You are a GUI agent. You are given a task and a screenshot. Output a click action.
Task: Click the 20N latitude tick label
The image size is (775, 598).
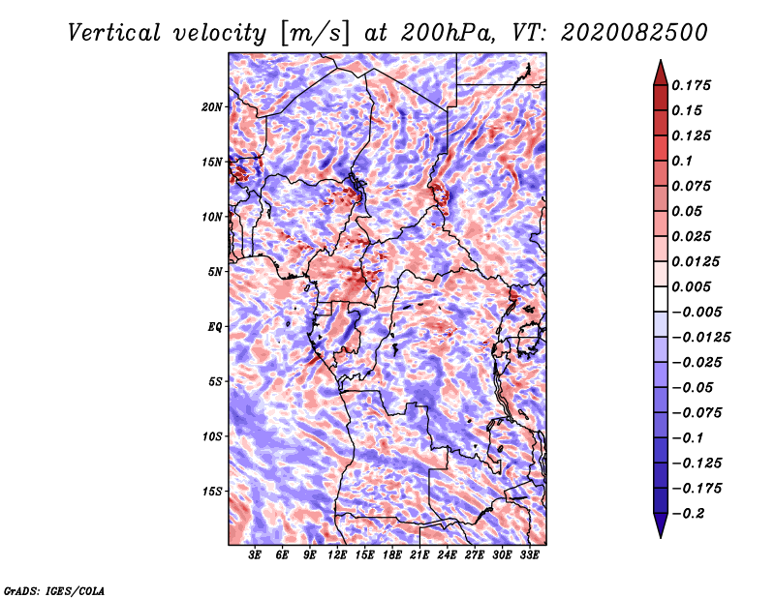(212, 106)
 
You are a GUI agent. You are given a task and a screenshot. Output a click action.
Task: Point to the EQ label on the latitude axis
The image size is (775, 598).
(214, 326)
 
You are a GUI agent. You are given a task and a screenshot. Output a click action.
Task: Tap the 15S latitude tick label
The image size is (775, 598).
(212, 491)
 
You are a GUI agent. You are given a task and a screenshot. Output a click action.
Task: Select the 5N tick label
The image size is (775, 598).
(215, 271)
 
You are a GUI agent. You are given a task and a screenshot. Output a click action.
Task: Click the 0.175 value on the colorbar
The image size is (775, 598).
(695, 85)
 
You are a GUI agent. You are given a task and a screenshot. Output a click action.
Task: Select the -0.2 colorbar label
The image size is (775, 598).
(691, 513)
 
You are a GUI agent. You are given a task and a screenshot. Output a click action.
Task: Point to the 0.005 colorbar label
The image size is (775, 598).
(695, 286)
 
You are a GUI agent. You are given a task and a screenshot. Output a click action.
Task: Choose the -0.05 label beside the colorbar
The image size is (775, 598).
(695, 387)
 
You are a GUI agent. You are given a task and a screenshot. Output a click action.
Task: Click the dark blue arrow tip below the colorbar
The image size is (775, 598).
(659, 530)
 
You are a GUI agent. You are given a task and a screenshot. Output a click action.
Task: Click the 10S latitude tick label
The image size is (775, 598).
(212, 435)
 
